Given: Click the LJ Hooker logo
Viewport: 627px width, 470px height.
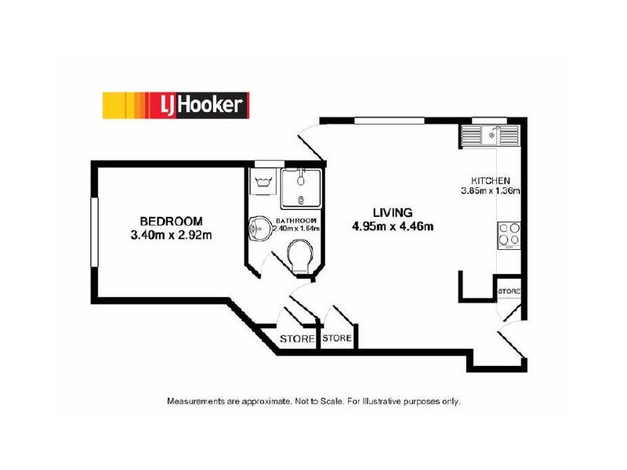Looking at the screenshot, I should pos(176,104).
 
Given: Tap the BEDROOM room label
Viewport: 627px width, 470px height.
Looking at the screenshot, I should pos(171,221).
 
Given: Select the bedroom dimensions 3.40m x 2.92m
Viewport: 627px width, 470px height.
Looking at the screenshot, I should pos(172,233).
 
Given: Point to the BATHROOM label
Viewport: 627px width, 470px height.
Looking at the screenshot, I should pos(297,220).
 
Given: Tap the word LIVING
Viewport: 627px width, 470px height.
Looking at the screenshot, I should pos(392,212).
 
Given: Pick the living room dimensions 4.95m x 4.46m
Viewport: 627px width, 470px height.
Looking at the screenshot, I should pos(392,227).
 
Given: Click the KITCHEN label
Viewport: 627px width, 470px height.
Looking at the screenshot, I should pos(491,179).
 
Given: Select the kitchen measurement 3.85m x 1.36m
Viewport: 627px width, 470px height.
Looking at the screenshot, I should pos(491,190).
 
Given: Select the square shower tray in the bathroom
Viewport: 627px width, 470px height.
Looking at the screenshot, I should pos(301,185).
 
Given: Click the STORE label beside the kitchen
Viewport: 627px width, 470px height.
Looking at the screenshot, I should pos(509,291).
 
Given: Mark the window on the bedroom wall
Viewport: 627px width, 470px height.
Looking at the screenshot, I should pos(93,232).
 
